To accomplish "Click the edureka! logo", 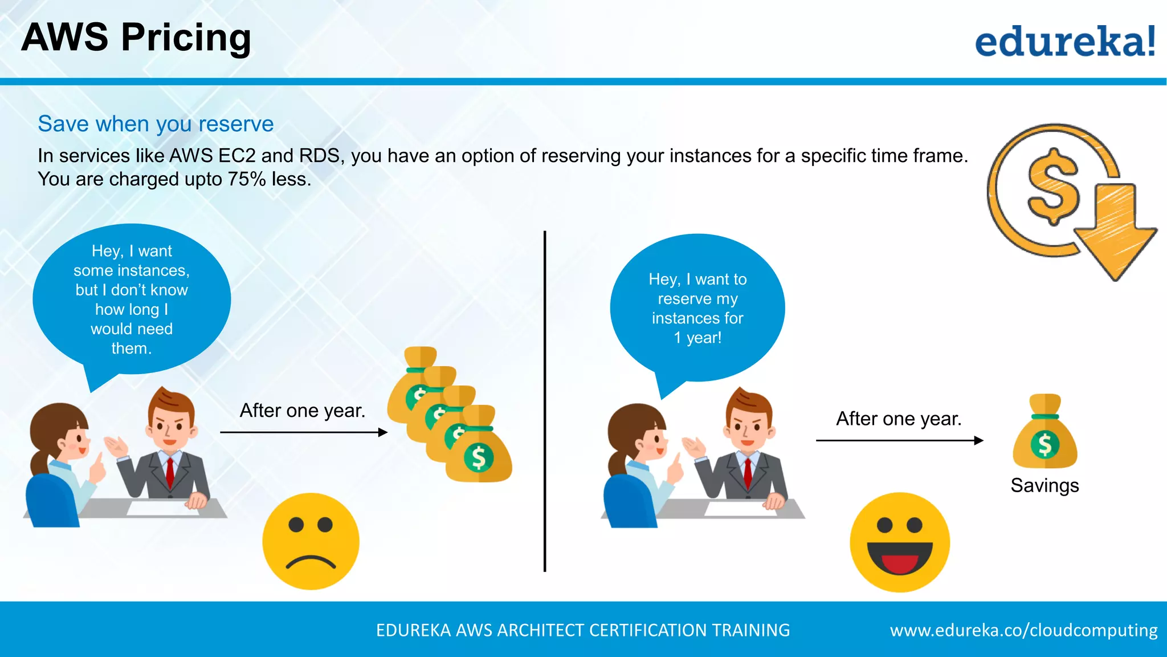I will pos(1064,41).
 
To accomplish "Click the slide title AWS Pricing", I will pos(136,38).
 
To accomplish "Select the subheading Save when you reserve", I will pos(156,124).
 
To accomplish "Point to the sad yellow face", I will pos(311,541).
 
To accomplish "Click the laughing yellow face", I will pos(899,542).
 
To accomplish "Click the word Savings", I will pos(1044,485).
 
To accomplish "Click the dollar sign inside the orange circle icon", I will pos(1053,186).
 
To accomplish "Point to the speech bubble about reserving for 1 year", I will pos(697,309).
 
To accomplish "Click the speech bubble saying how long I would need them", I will pos(132,299).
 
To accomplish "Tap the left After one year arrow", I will pos(304,432).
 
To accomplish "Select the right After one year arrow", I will pos(899,440).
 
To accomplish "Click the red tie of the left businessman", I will pos(170,471).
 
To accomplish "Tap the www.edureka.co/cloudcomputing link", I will pos(1023,630).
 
